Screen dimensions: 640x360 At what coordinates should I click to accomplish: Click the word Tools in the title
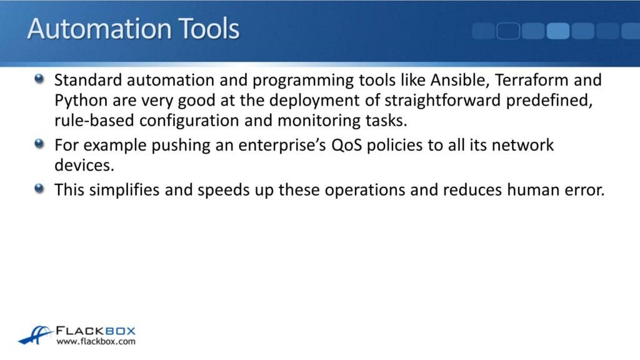(x=209, y=29)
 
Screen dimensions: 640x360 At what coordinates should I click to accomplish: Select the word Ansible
(x=460, y=81)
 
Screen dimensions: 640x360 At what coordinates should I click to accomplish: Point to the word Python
(x=81, y=101)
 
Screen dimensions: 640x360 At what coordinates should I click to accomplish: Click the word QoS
(x=346, y=145)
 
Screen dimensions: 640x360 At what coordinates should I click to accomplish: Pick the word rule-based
(x=94, y=121)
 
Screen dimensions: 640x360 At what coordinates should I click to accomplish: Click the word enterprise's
(x=282, y=146)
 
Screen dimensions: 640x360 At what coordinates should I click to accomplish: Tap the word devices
(x=84, y=165)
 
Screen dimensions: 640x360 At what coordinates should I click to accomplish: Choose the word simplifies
(x=124, y=190)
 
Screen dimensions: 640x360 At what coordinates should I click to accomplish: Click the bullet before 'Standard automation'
(x=39, y=78)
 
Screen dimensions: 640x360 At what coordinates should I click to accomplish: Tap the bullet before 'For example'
(x=39, y=144)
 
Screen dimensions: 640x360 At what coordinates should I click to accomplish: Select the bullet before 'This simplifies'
(x=39, y=188)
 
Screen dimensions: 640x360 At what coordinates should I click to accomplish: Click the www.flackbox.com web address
(x=96, y=341)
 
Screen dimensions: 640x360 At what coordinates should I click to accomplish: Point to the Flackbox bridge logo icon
(x=35, y=335)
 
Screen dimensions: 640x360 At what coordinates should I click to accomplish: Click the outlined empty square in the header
(x=508, y=31)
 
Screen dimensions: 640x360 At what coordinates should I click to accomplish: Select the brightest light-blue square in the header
(x=558, y=31)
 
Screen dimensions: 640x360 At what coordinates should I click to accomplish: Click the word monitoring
(x=319, y=121)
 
